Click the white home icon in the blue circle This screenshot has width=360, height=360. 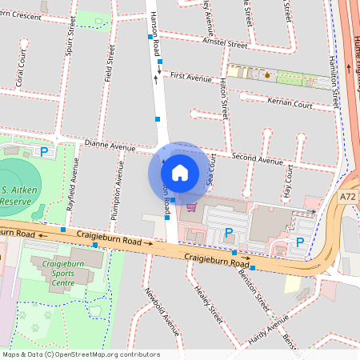180,172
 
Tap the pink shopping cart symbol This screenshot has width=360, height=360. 190,207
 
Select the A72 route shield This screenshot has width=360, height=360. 346,196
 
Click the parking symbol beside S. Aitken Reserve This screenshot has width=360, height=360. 45,150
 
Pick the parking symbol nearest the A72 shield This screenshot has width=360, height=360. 300,242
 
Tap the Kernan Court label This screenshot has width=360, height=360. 291,104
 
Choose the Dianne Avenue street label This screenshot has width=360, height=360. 110,147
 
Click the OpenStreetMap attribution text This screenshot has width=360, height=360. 81,354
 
